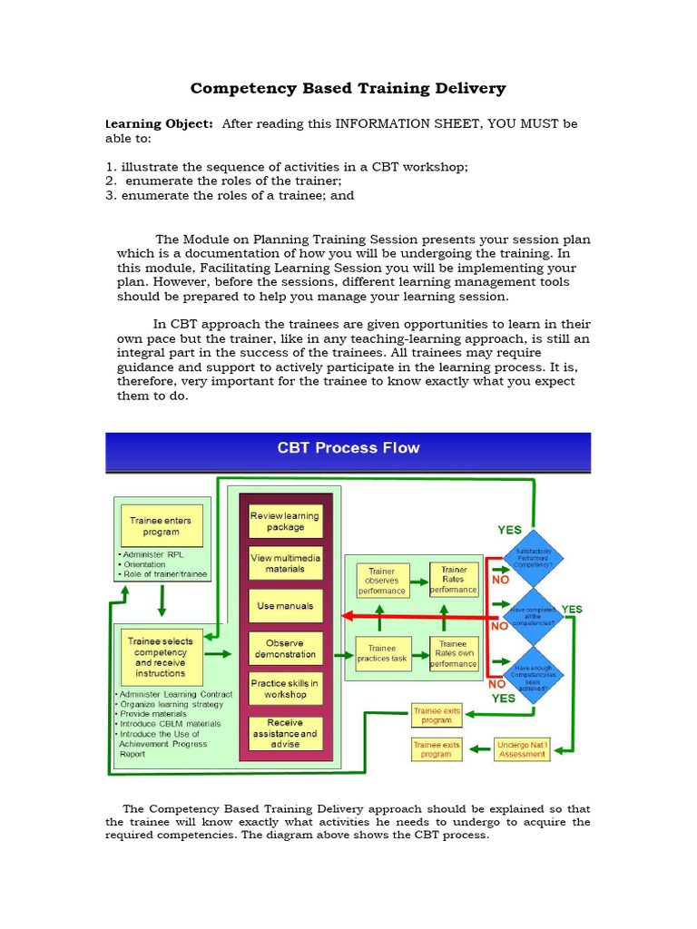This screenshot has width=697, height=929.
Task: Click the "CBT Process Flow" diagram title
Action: click(348, 448)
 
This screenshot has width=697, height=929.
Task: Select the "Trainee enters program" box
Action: click(161, 526)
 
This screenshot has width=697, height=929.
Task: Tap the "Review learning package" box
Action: click(285, 522)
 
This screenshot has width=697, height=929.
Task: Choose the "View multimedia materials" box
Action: click(285, 563)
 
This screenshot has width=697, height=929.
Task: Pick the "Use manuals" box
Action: click(285, 605)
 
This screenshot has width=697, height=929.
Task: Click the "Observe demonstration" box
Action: click(285, 648)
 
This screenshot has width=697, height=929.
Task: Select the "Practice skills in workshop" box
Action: click(285, 689)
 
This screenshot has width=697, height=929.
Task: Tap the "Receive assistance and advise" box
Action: click(285, 733)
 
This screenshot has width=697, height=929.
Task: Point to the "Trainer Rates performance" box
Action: click(453, 580)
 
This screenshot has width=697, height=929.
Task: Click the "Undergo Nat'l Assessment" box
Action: click(522, 748)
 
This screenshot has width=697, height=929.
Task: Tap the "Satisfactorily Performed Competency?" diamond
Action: click(533, 557)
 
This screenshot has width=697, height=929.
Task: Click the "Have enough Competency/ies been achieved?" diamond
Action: click(533, 675)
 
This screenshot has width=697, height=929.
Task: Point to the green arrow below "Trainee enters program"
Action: click(161, 600)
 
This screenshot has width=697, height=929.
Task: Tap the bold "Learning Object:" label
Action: click(160, 123)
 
